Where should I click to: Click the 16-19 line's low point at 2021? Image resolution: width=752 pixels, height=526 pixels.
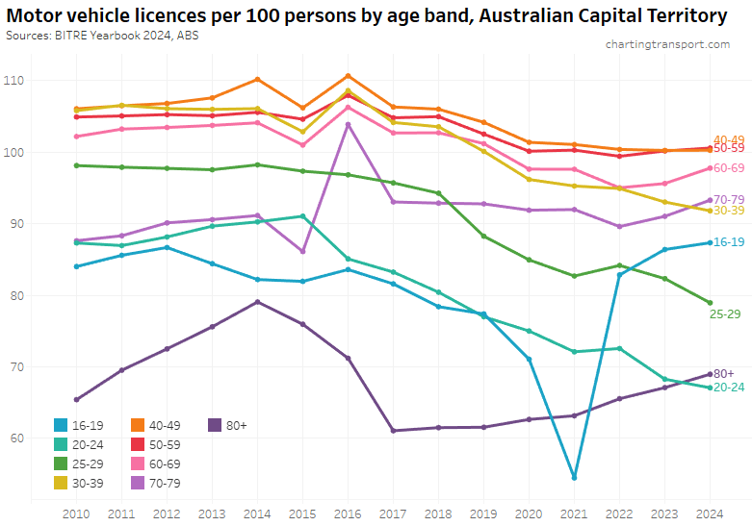click(574, 478)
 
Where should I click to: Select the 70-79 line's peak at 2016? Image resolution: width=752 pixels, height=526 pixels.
click(348, 124)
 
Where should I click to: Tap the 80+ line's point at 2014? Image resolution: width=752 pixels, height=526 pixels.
click(257, 302)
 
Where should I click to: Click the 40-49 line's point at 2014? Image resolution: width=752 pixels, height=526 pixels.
click(257, 79)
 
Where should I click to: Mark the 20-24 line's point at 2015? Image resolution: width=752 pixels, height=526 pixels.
click(302, 216)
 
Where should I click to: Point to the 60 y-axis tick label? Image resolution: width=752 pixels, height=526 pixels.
click(17, 438)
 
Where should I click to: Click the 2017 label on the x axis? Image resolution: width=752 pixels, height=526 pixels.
click(393, 513)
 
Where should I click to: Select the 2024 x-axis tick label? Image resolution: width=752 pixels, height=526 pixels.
click(710, 513)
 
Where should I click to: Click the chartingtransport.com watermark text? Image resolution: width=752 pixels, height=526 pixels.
click(667, 44)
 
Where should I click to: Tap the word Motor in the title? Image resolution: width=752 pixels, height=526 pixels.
click(37, 15)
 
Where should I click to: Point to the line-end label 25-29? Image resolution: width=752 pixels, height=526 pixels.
click(724, 313)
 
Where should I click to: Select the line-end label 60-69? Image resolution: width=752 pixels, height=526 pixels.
click(729, 168)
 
